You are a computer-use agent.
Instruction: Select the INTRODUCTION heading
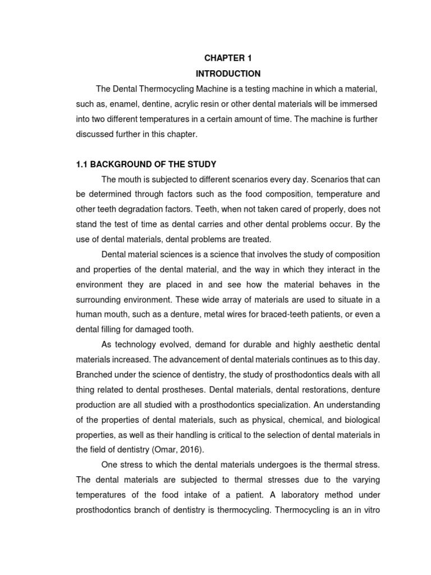click(228, 74)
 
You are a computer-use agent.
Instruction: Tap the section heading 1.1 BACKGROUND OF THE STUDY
click(146, 164)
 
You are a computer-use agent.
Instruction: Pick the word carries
click(222, 225)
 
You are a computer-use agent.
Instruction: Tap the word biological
click(359, 419)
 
